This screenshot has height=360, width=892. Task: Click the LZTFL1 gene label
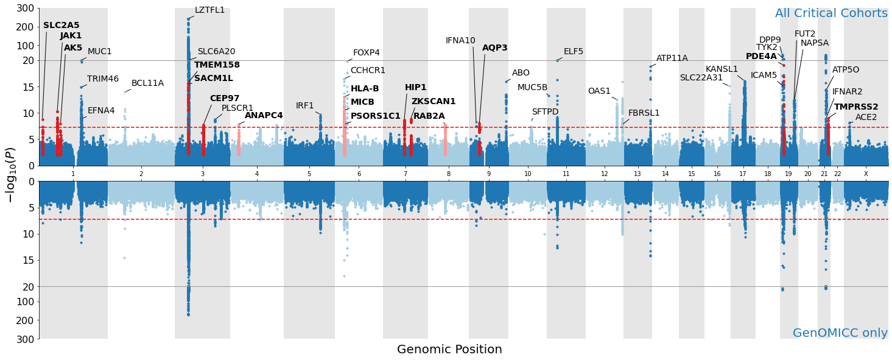point(209,10)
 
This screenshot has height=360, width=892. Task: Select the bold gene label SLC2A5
point(61,26)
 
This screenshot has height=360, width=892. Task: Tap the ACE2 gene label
point(866,118)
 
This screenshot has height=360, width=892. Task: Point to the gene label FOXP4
point(366,53)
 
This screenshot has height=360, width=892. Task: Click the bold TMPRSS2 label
point(856,107)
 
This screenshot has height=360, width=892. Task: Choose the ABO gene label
point(521,73)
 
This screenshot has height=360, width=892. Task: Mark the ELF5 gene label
point(573,52)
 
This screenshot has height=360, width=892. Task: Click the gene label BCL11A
point(147,83)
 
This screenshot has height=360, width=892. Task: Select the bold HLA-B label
point(365,89)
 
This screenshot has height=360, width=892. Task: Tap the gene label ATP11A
point(672,58)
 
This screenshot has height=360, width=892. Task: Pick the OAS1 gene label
point(599,91)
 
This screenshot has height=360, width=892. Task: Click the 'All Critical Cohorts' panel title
point(831,13)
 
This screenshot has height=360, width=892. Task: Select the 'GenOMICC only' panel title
point(840,333)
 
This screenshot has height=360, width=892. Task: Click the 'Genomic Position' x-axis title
point(449,350)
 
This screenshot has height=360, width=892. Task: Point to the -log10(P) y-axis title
point(10,175)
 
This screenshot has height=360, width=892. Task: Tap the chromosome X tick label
point(866,174)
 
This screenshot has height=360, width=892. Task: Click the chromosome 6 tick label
point(359,174)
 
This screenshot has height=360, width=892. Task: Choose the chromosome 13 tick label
point(637,174)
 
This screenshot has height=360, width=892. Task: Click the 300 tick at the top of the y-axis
point(25,9)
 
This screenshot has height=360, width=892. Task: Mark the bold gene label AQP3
point(494,48)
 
